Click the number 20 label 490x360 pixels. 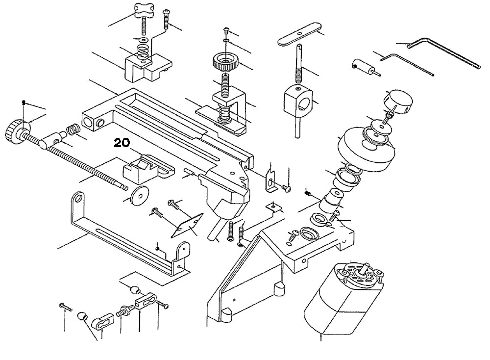(x=122, y=143)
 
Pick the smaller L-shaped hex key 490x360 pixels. (x=407, y=63)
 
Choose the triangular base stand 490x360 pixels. (x=245, y=280)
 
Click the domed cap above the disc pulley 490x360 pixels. (x=399, y=101)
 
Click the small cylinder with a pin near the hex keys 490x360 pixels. (x=363, y=67)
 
